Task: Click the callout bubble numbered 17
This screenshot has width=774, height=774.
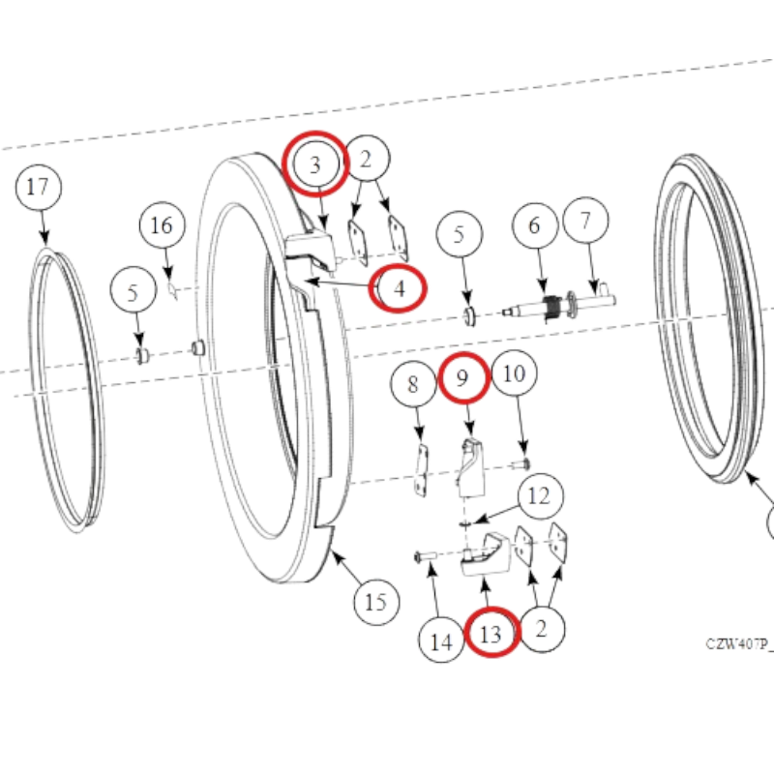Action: (x=39, y=187)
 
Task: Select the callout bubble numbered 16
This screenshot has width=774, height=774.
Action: (x=163, y=225)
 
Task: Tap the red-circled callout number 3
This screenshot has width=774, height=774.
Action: (x=315, y=164)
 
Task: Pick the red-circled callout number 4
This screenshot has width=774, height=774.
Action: (x=398, y=288)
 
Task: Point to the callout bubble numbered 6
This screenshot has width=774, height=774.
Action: (x=535, y=225)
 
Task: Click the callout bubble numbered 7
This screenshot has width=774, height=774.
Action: (x=585, y=221)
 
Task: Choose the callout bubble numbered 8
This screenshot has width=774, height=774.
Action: (x=414, y=384)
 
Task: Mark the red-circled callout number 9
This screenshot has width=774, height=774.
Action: (x=463, y=378)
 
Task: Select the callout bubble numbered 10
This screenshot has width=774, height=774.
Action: (x=515, y=373)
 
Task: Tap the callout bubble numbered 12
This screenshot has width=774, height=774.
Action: (x=540, y=496)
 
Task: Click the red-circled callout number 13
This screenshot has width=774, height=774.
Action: (x=492, y=633)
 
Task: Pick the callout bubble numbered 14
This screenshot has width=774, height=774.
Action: (x=441, y=640)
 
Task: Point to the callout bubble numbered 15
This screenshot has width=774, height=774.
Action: (x=376, y=602)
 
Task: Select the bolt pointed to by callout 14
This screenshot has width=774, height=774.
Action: (x=426, y=556)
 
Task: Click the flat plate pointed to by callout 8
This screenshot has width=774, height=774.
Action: (x=421, y=470)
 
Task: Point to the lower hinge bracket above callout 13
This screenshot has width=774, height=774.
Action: (x=487, y=555)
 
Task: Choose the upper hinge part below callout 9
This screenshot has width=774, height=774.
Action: (x=471, y=467)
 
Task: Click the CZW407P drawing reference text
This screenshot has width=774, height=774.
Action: (x=739, y=644)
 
